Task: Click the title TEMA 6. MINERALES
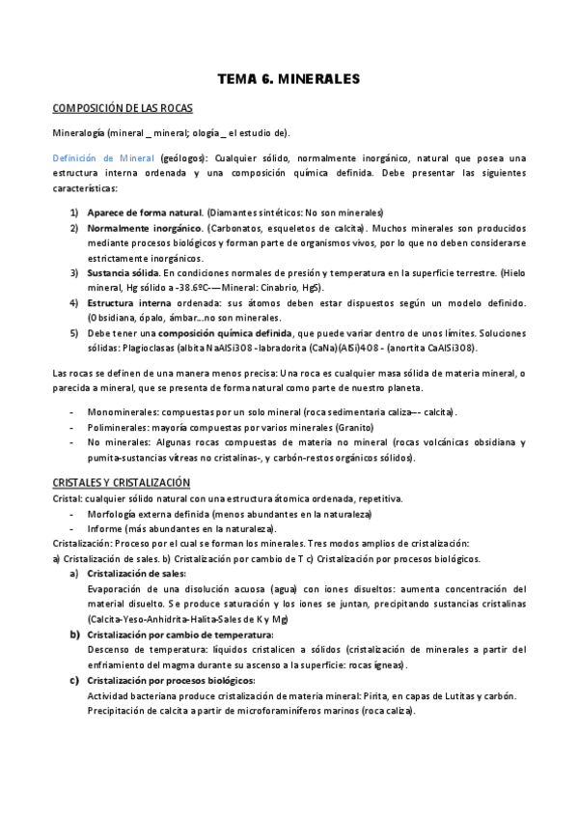pos(289,79)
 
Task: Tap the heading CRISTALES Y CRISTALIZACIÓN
pos(121,482)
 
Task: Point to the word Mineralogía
pos(78,132)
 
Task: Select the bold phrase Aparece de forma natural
pos(144,212)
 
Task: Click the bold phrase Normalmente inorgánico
pos(142,228)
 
